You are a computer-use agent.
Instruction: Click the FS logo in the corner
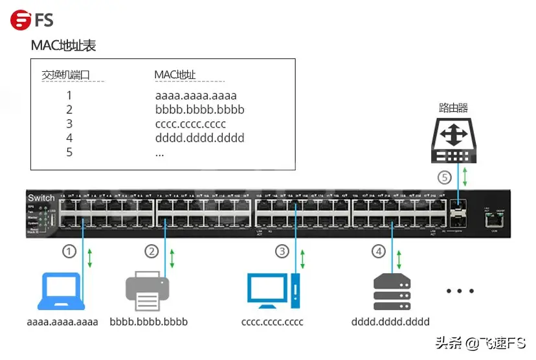click(32, 19)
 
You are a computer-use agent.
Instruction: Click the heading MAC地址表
click(63, 46)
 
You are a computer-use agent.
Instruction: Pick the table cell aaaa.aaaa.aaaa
click(196, 96)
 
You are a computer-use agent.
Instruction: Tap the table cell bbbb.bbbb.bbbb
click(199, 110)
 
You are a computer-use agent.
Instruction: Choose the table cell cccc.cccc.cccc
click(190, 124)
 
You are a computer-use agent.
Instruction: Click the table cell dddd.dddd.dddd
click(199, 139)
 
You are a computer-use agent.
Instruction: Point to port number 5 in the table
click(69, 153)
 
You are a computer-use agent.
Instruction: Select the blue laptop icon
click(61, 291)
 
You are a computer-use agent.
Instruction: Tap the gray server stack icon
click(392, 292)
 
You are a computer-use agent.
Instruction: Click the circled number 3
click(282, 251)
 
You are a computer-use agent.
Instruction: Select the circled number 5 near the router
click(443, 177)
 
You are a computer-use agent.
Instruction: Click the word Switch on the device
click(41, 198)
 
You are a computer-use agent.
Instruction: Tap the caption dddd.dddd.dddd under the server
click(390, 321)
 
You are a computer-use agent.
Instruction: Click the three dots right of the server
click(460, 291)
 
